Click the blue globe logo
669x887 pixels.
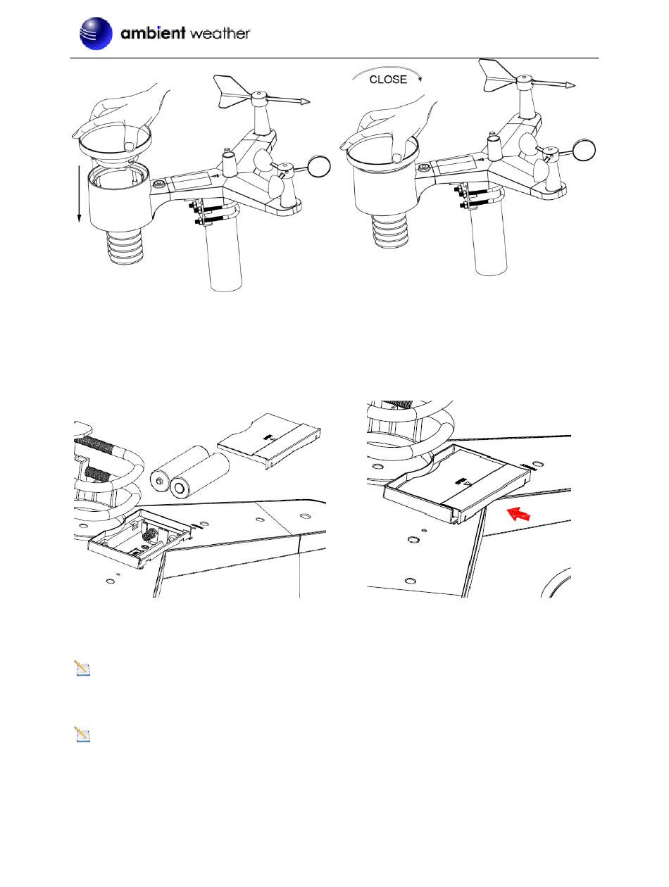[96, 34]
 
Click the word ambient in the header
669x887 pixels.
[153, 32]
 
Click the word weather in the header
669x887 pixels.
[220, 34]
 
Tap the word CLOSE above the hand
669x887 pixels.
[387, 80]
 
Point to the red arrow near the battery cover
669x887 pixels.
[518, 514]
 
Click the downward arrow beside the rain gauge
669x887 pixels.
[80, 194]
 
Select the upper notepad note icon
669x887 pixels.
[82, 668]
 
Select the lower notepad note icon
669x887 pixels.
[82, 734]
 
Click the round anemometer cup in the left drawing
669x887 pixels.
[319, 167]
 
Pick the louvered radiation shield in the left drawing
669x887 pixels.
[125, 247]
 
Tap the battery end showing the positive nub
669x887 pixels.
[159, 481]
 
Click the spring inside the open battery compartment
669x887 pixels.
[151, 536]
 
